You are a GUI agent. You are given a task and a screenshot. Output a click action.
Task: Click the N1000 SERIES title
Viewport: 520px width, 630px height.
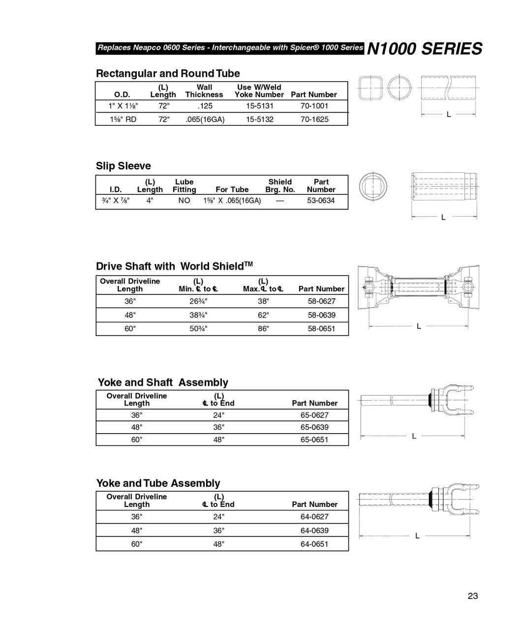(425, 49)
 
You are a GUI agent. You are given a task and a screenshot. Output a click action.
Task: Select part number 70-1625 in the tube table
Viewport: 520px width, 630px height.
(314, 119)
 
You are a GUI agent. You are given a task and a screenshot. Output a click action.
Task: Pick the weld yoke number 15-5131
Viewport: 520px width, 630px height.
(259, 106)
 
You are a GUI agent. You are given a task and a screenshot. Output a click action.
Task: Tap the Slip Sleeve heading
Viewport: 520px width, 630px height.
(123, 166)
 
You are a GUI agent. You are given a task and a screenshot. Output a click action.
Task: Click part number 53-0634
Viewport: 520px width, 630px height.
(321, 201)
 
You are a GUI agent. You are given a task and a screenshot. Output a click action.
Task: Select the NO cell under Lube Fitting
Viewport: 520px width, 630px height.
(184, 201)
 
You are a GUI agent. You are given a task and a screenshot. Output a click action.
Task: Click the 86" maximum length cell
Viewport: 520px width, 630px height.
(263, 329)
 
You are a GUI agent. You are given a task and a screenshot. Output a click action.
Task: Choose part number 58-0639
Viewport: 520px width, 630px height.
(321, 315)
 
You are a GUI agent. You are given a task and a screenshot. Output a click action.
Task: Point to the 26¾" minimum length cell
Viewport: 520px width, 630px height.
(198, 301)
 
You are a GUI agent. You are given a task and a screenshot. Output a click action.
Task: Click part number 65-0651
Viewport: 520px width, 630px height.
(314, 440)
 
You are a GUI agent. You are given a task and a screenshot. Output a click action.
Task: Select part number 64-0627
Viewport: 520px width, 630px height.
(314, 517)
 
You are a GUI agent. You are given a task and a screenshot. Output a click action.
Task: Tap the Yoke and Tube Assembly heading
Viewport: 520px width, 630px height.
(158, 483)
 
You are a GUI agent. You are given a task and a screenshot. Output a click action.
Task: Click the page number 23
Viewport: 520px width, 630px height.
(472, 596)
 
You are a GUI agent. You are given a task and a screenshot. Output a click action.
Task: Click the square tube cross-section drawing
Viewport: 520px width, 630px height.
(370, 89)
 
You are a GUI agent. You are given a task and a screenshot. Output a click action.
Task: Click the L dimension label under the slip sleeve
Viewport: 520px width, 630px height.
(443, 217)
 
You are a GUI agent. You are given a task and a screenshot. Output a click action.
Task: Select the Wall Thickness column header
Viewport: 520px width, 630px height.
(204, 91)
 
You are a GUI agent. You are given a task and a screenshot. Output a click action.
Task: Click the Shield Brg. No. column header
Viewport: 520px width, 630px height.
(280, 186)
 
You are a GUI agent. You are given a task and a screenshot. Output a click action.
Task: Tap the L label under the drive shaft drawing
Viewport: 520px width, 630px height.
(419, 326)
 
